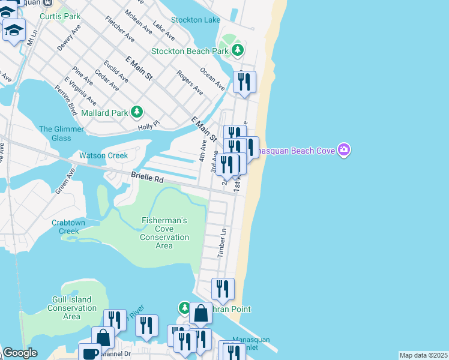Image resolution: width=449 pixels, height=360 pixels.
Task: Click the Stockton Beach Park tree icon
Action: click(238, 50)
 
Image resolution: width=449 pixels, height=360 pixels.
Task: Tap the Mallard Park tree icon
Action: click(137, 112)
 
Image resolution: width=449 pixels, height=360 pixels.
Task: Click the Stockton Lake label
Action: click(196, 20)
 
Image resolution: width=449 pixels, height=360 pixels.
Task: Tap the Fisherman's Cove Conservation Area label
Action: click(164, 233)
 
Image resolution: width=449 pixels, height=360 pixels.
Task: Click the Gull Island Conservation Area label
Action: click(71, 308)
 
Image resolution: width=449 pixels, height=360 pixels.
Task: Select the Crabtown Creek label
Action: click(69, 227)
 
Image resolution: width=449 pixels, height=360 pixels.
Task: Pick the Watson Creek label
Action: click(103, 155)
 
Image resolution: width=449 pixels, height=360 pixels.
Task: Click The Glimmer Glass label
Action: click(55, 133)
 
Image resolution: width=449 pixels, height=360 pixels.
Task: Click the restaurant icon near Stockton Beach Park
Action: click(244, 81)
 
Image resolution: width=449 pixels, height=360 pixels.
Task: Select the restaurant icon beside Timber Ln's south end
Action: click(223, 289)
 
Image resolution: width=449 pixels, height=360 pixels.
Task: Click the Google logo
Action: click(20, 353)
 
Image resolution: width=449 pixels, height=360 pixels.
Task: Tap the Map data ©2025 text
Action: click(424, 355)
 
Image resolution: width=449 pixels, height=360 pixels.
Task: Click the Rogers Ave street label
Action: click(190, 82)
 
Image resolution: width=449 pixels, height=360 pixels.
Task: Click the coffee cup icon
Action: click(89, 353)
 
